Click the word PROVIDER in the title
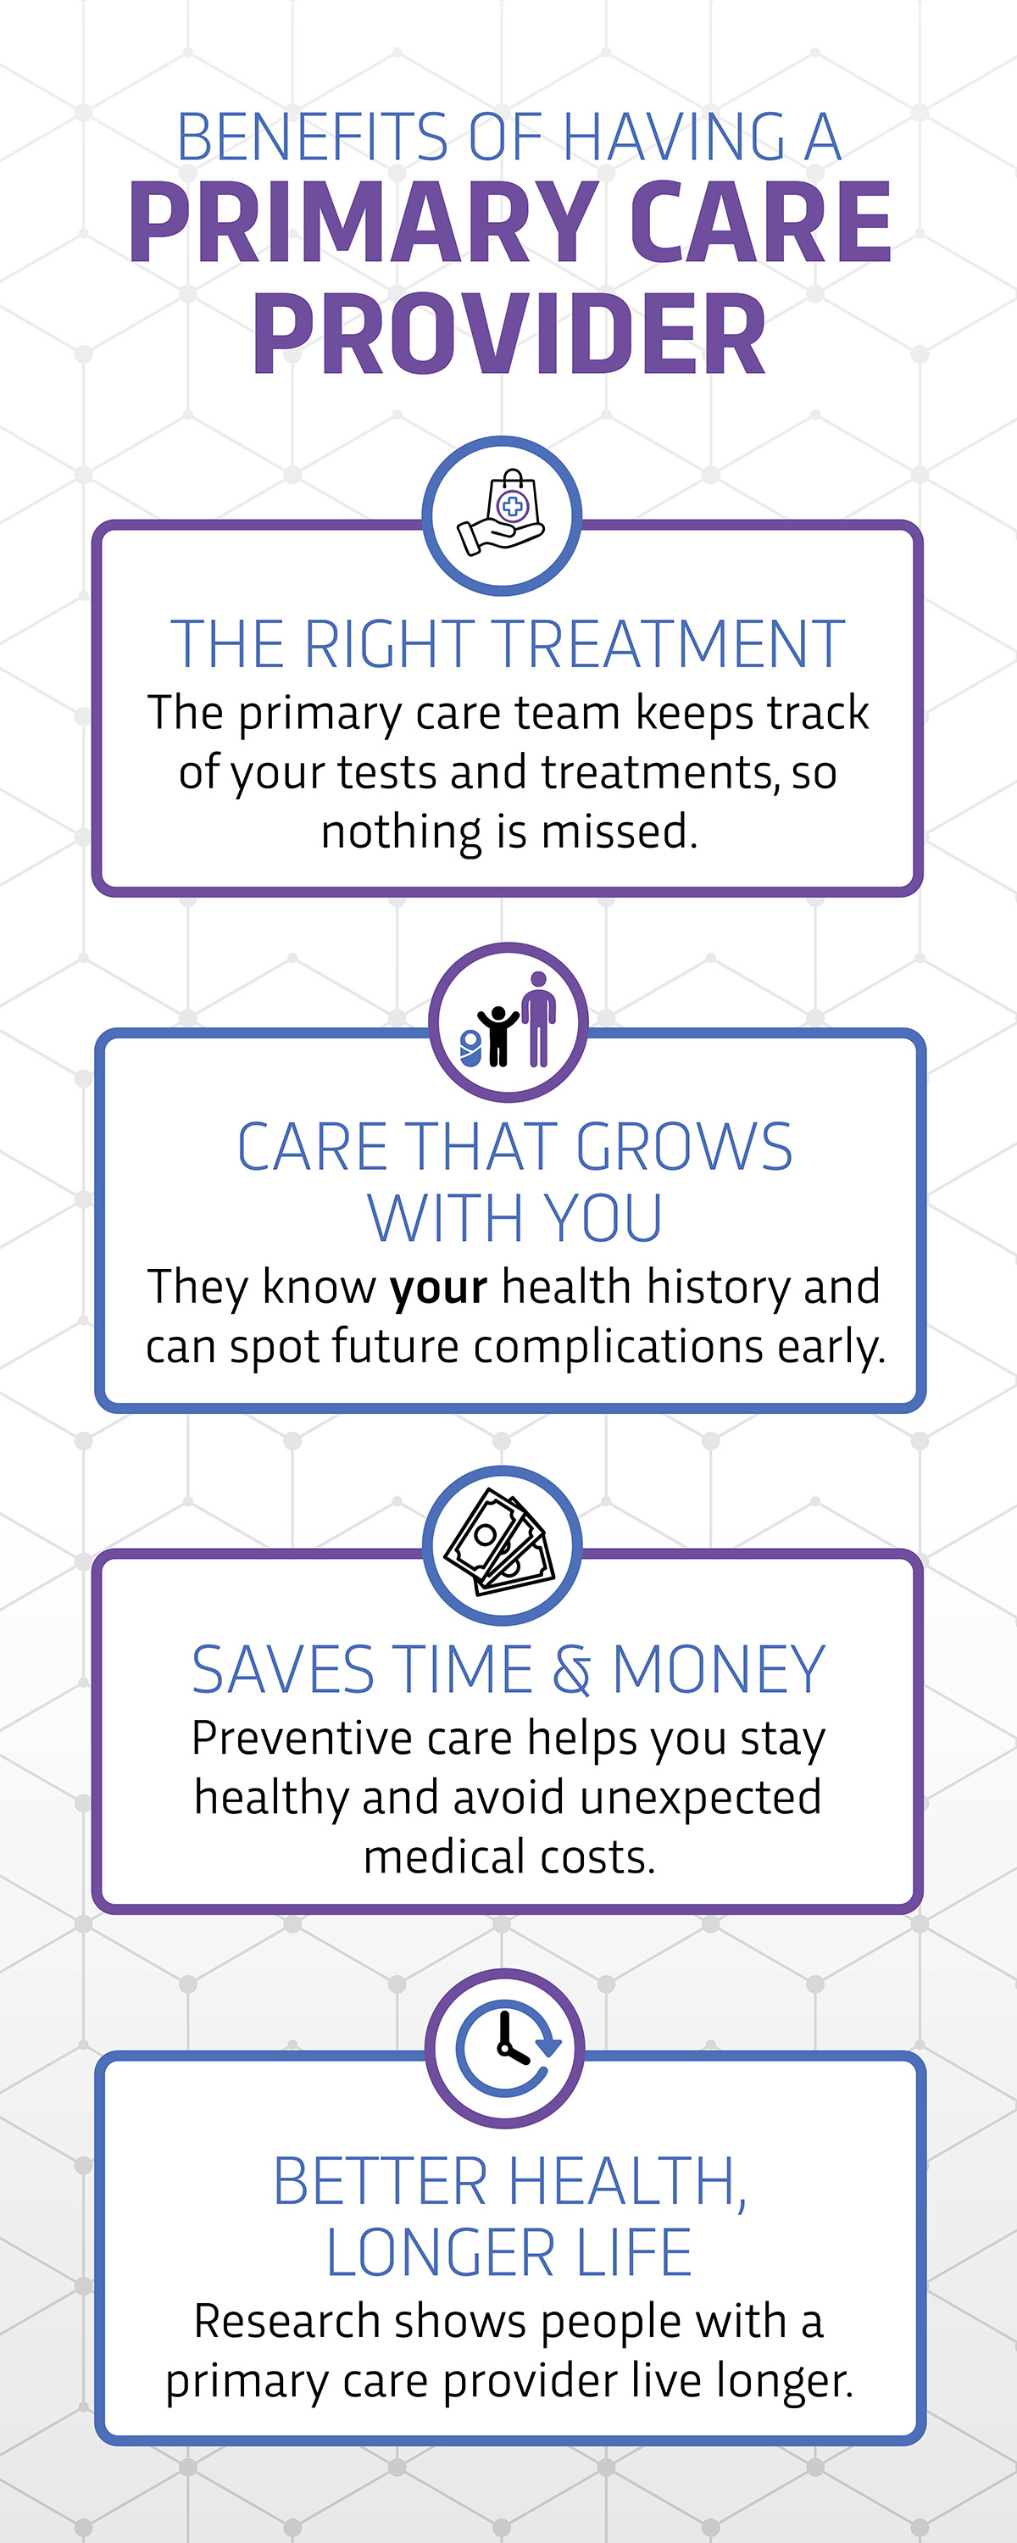tap(509, 336)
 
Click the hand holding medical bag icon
tap(502, 515)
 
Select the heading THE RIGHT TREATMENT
tap(508, 644)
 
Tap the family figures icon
tap(508, 1021)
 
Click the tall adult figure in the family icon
tap(538, 1019)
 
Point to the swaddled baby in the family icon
tap(471, 1049)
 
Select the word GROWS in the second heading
tap(683, 1147)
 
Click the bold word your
tap(438, 1288)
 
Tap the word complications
tap(619, 1348)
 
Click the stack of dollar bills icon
tap(501, 1545)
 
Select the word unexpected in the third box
tap(701, 1799)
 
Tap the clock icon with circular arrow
tap(507, 2050)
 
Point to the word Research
tap(287, 2321)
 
